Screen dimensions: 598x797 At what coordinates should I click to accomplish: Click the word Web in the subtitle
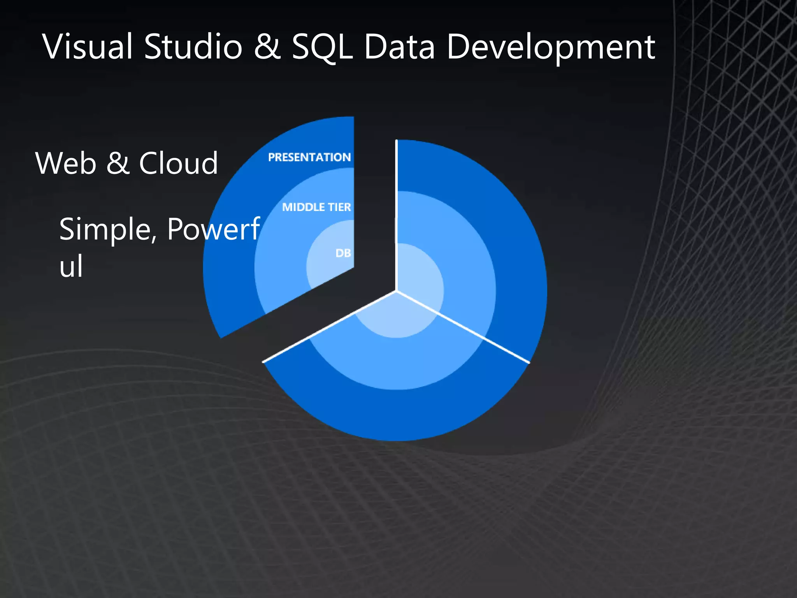pyautogui.click(x=66, y=163)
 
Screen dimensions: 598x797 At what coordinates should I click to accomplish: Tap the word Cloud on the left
pyautogui.click(x=178, y=163)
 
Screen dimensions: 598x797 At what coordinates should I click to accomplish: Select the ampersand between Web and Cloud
pyautogui.click(x=118, y=163)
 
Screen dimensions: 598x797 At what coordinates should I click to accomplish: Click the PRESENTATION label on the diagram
pyautogui.click(x=309, y=157)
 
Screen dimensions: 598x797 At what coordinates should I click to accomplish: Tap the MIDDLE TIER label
pyautogui.click(x=316, y=207)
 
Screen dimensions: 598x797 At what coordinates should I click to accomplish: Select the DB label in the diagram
pyautogui.click(x=343, y=253)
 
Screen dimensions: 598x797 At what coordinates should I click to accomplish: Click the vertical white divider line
pyautogui.click(x=396, y=214)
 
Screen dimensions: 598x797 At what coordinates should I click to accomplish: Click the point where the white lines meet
pyautogui.click(x=396, y=290)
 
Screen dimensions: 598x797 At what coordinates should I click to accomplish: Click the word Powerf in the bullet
pyautogui.click(x=213, y=230)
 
